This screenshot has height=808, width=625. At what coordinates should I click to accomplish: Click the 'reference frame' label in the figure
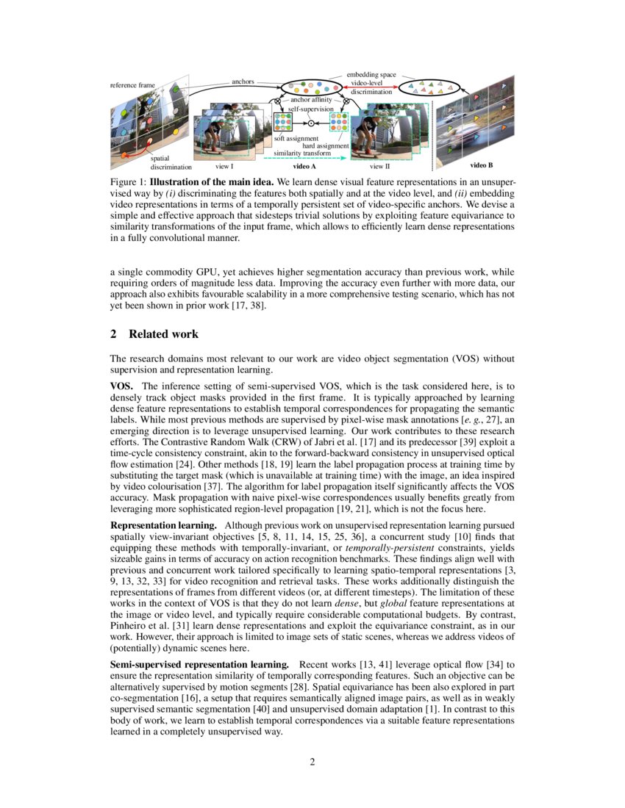click(132, 85)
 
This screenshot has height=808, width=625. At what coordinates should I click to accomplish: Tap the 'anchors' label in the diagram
click(243, 81)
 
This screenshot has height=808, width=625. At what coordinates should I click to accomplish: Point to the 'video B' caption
click(482, 166)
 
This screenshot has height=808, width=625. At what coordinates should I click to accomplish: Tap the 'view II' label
click(379, 167)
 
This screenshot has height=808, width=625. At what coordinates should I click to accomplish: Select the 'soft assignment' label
click(296, 138)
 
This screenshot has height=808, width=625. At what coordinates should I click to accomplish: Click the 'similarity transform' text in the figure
click(304, 152)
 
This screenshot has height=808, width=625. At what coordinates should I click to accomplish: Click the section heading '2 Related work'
click(154, 334)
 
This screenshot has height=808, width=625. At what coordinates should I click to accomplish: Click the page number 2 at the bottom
click(312, 761)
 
